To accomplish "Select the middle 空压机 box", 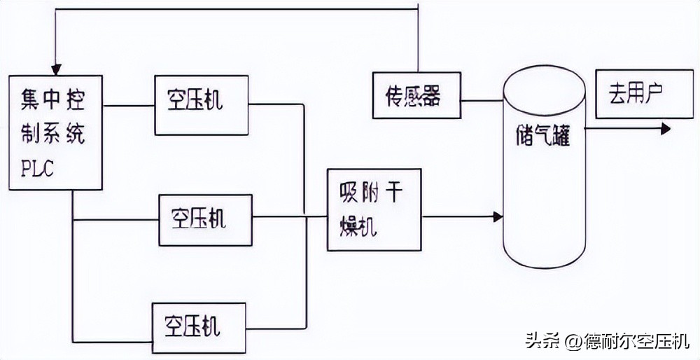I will pos(204,220).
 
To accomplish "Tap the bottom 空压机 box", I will pos(199,326).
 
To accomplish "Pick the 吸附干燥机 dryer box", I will pos(374,209).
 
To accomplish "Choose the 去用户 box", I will pos(633,94).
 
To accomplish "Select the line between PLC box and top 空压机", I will pos(129,106).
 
